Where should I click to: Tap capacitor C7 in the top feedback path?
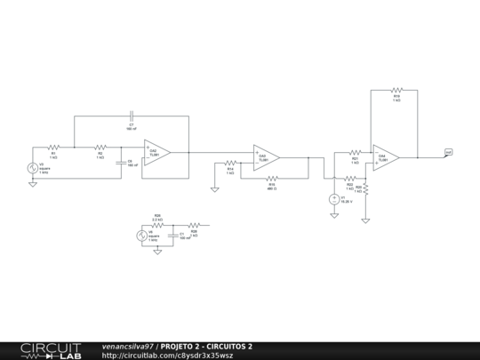(x=131, y=116)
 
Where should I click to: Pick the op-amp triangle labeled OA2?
(x=156, y=153)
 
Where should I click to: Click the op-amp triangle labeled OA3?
(x=266, y=157)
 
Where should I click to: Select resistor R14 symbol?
(x=230, y=163)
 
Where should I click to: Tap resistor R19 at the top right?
(x=396, y=90)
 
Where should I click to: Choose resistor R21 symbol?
(x=354, y=153)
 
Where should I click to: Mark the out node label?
(x=449, y=152)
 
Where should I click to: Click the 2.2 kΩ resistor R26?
(x=157, y=225)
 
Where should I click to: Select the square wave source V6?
(x=140, y=236)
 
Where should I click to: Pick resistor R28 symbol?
(x=194, y=225)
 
